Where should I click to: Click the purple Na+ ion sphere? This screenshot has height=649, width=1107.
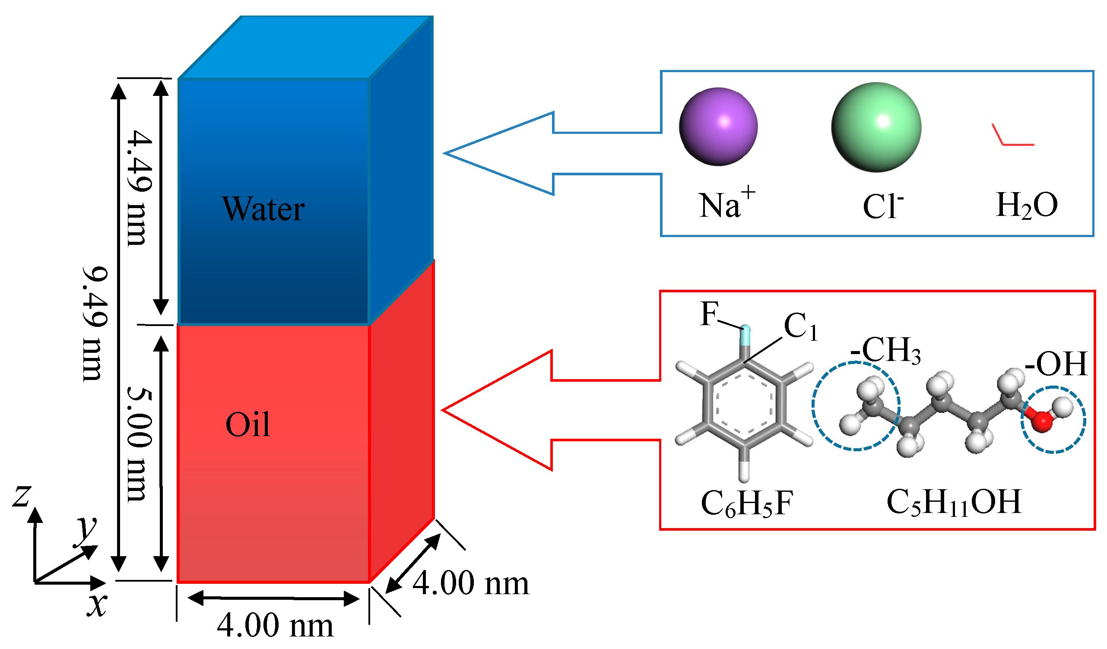[718, 127]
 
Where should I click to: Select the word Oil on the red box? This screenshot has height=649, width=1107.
[248, 425]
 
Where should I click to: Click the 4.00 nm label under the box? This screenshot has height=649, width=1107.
[276, 625]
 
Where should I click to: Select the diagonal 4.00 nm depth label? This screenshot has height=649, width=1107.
[471, 584]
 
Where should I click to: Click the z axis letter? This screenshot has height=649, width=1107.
[21, 496]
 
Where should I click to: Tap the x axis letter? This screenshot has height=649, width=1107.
[97, 605]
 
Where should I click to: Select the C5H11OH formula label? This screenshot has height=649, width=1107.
[953, 503]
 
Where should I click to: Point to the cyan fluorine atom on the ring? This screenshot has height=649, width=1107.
[745, 336]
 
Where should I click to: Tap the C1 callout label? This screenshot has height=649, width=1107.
[801, 327]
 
